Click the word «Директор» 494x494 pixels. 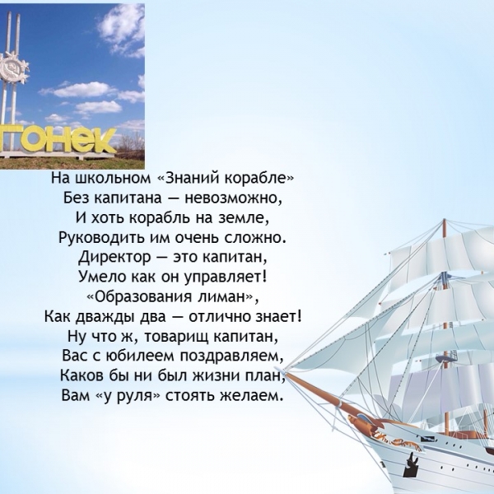click(114, 258)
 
